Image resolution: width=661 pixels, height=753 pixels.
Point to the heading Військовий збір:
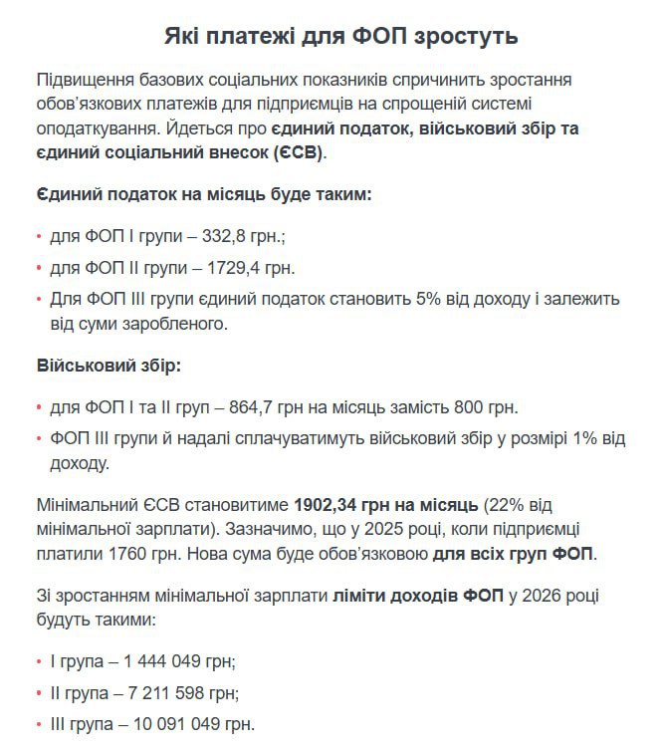click(x=109, y=366)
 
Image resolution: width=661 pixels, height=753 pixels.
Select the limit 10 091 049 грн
click(x=194, y=723)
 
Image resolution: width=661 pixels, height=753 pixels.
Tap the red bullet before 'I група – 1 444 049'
click(x=39, y=661)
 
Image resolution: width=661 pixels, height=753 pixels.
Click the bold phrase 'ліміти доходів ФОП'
click(x=412, y=596)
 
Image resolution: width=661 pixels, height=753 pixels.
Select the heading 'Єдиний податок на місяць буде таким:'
click(x=204, y=194)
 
